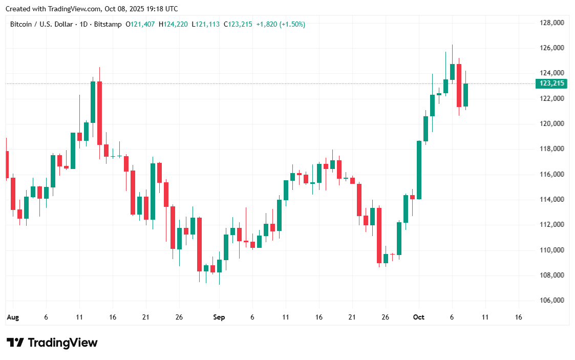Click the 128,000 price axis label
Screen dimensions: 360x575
coord(552,23)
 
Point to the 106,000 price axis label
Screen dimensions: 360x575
coord(552,301)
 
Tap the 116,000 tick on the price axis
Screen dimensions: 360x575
coord(552,175)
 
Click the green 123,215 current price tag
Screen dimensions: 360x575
coord(550,83)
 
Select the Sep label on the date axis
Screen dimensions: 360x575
coord(219,317)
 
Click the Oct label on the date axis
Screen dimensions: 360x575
coord(418,317)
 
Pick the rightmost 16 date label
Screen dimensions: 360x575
coord(518,317)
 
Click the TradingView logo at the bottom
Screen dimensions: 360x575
coord(52,343)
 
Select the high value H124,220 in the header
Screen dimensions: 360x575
coord(174,24)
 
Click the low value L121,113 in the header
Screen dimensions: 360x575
coord(206,24)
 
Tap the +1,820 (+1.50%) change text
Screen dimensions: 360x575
coord(281,24)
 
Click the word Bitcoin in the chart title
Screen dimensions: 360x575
coord(21,24)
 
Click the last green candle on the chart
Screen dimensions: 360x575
coord(465,95)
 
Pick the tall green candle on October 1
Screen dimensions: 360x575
coord(419,170)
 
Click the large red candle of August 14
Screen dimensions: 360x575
coord(99,113)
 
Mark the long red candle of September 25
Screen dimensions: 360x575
coord(379,236)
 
